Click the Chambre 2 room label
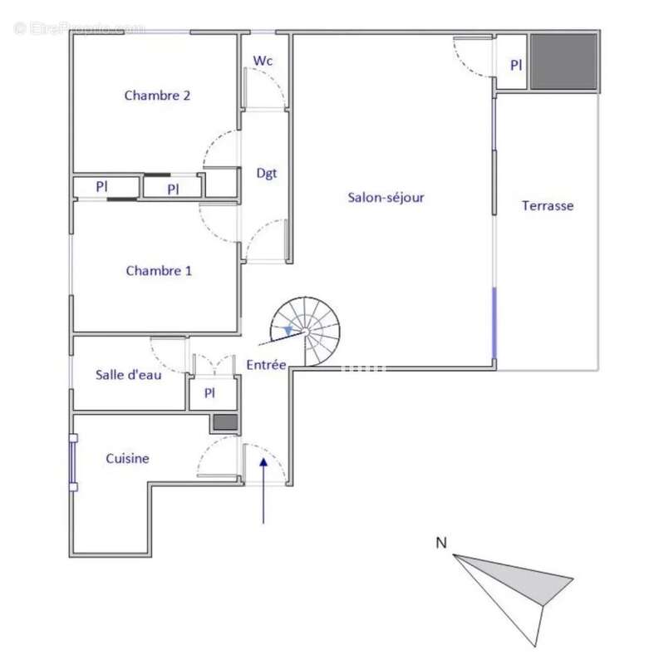[x=157, y=95]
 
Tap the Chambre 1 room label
[x=159, y=271]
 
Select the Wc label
[x=263, y=62]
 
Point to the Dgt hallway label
[x=266, y=173]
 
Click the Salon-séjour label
[x=386, y=198]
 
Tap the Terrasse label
[x=547, y=205]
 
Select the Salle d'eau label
[x=128, y=374]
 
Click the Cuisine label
[x=127, y=458]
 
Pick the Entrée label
[x=266, y=364]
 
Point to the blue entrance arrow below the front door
[x=263, y=490]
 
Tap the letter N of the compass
[x=441, y=544]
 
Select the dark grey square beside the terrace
[x=564, y=62]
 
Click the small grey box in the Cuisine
[x=224, y=422]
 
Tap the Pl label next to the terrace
[x=515, y=64]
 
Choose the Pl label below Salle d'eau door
[x=209, y=393]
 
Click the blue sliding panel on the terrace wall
[x=496, y=324]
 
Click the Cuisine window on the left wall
[x=74, y=461]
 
